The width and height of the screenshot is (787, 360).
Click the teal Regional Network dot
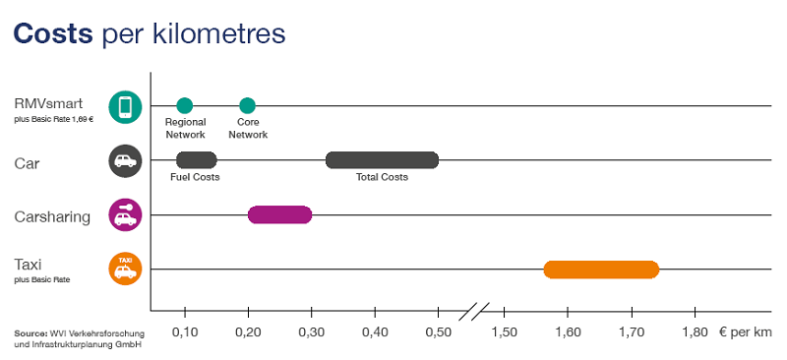pos(184,106)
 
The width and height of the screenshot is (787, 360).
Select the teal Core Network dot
pos(247,106)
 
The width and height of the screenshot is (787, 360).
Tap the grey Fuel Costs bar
pos(197,160)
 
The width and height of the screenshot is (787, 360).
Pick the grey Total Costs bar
pos(382,160)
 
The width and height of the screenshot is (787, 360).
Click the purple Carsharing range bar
pos(279,214)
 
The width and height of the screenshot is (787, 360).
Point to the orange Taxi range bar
pos(601,270)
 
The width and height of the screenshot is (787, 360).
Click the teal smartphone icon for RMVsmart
pos(125,106)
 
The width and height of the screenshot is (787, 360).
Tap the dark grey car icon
pos(125,160)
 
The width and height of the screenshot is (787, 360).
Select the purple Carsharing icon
pos(125,214)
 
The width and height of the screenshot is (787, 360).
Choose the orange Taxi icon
pos(125,269)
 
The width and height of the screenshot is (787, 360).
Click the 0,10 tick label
pos(185,331)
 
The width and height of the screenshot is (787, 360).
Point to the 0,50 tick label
pos(439,331)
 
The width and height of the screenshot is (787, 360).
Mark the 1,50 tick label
pos(503,331)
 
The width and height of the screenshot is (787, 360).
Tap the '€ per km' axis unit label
pos(745,331)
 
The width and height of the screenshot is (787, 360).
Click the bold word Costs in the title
pos(53,34)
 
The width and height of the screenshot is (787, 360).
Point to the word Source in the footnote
pos(32,331)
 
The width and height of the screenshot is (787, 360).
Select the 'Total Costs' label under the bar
pos(382,177)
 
